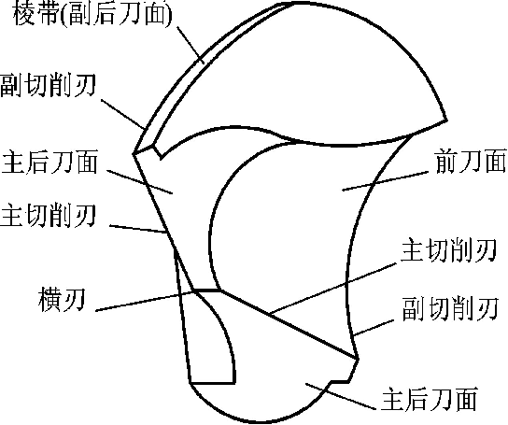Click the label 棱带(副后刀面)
point(92,15)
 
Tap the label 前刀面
point(471,161)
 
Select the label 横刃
point(62,300)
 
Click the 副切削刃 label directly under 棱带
point(48,85)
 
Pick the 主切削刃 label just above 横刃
point(48,215)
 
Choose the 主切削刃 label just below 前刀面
point(449,250)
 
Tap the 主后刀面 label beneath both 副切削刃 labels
point(429,399)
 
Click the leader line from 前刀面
point(386,181)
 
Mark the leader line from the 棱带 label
point(190,45)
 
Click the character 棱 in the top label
point(24,15)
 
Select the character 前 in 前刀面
point(447,161)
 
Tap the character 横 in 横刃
point(49,300)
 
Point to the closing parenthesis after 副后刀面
point(168,15)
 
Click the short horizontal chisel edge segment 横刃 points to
point(207,290)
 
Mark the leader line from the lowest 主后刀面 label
point(341,396)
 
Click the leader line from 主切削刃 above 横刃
point(138,229)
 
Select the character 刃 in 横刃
point(74,300)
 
